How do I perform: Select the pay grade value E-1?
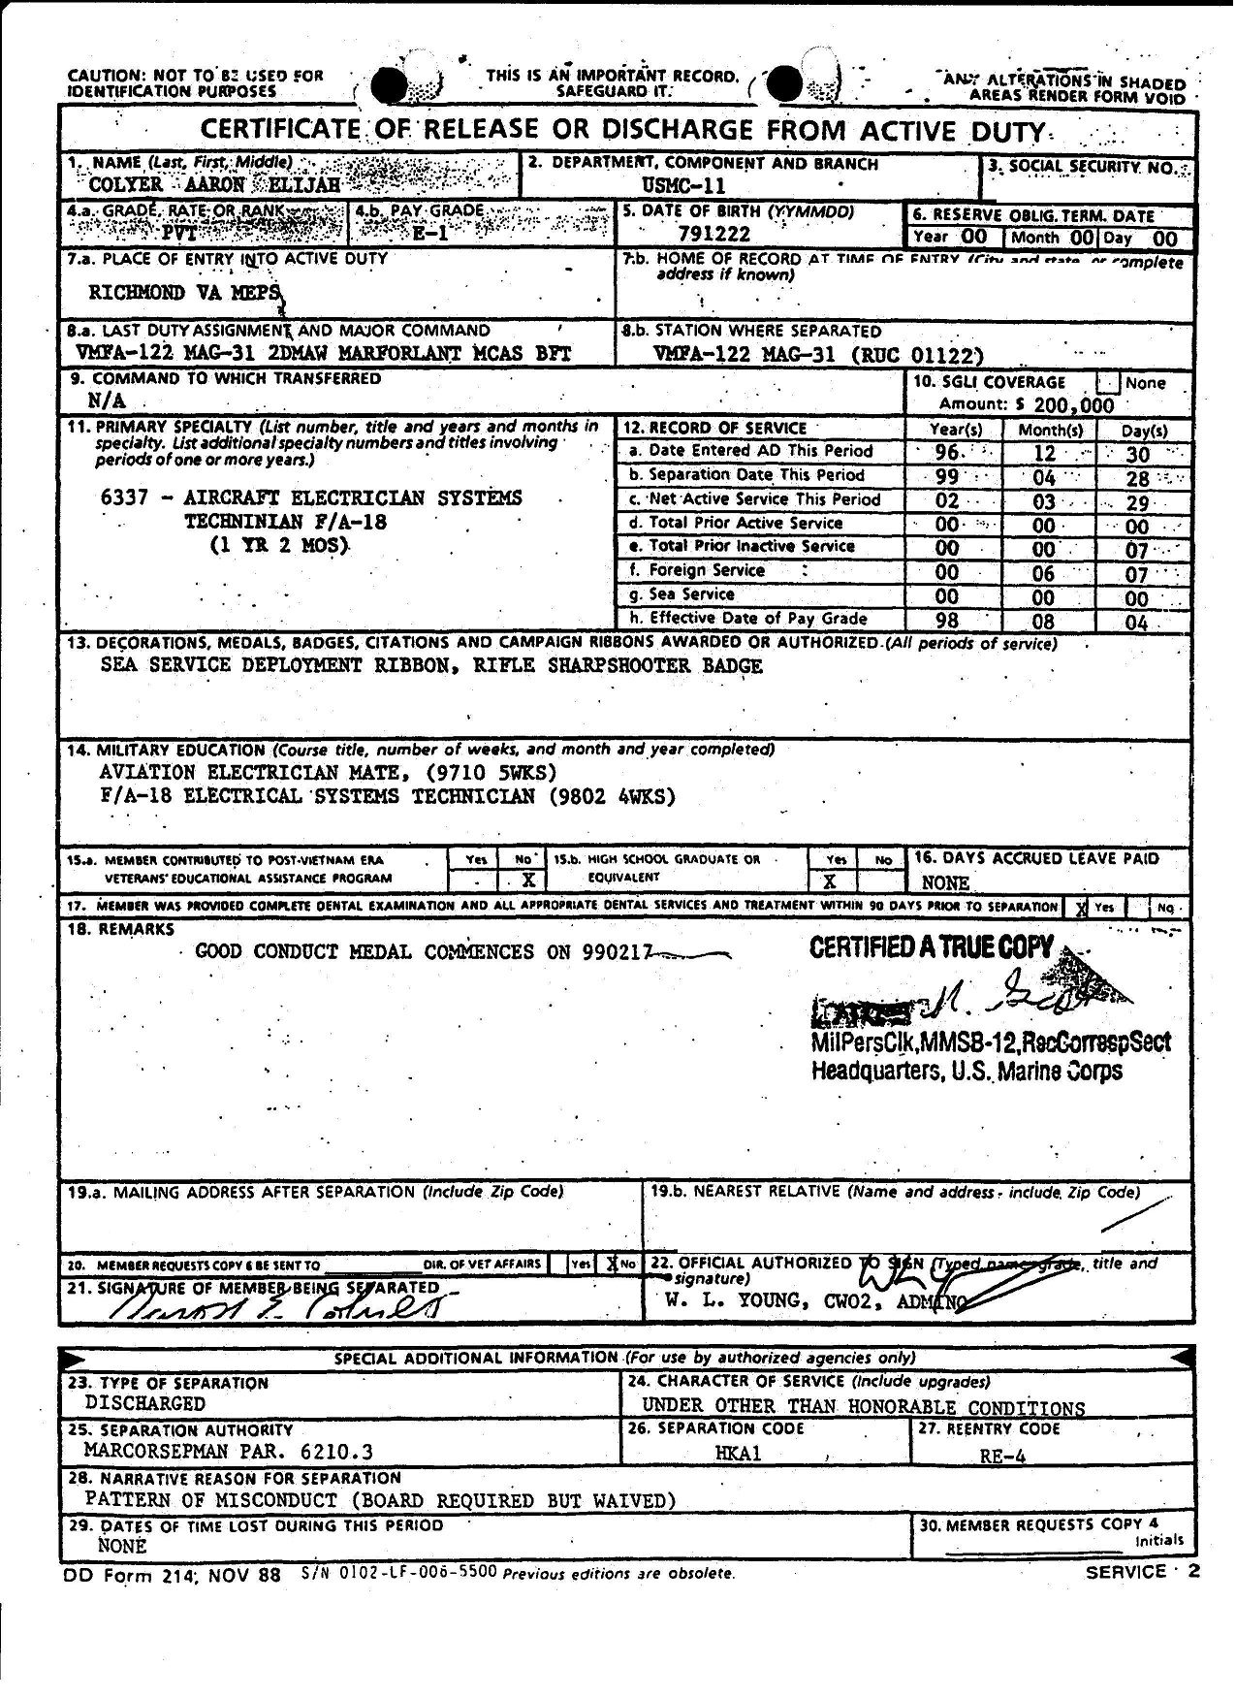pos(429,233)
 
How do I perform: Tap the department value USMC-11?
pos(683,186)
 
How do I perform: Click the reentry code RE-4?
pos(1002,1456)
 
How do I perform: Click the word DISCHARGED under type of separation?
pos(144,1403)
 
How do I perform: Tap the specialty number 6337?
pos(124,498)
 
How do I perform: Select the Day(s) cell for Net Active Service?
pos(1137,502)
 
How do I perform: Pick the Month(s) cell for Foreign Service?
pos(1042,574)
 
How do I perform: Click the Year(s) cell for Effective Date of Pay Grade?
pos(946,622)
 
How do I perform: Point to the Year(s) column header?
pos(955,430)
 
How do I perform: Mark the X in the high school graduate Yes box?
pos(830,881)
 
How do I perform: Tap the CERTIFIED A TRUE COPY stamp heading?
pos(931,947)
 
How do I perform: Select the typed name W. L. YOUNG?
pos(731,1300)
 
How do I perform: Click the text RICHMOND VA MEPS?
pos(184,292)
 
